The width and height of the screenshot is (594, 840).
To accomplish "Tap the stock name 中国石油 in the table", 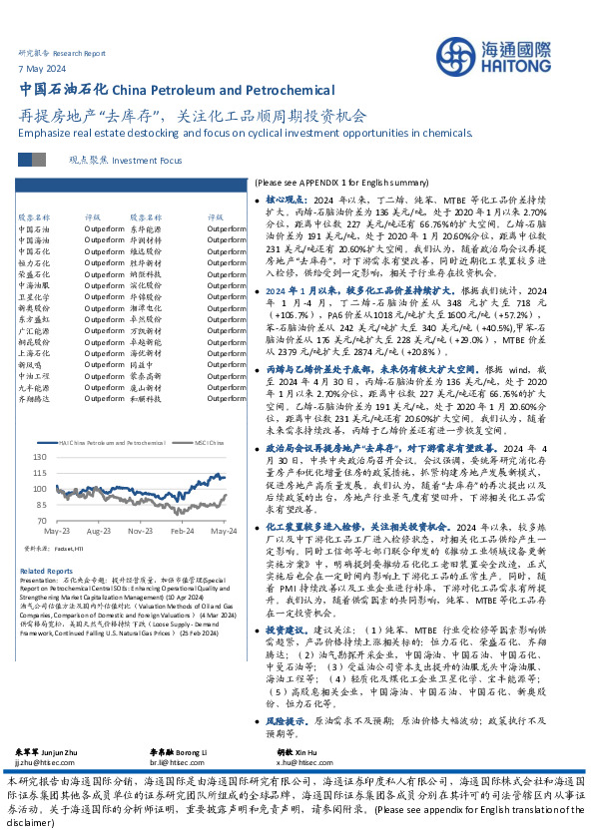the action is (33, 228).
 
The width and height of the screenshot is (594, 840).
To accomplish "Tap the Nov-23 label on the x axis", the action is (140, 532).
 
